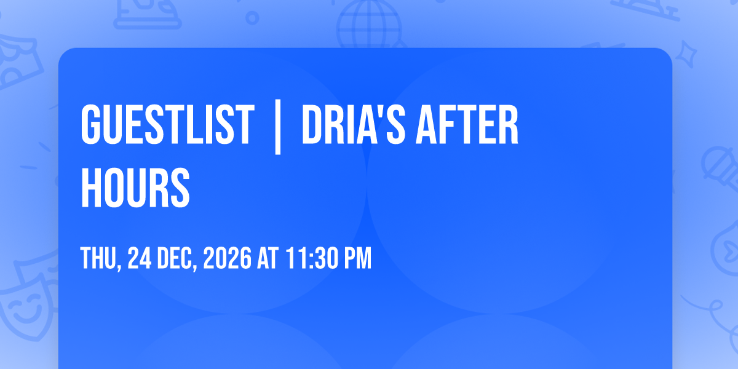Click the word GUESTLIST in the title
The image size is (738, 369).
pyautogui.click(x=168, y=124)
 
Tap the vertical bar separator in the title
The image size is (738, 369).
pyautogui.click(x=278, y=127)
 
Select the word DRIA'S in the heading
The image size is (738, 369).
pyautogui.click(x=353, y=124)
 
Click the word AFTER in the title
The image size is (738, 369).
pyautogui.click(x=467, y=124)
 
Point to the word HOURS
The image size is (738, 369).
pyautogui.click(x=135, y=188)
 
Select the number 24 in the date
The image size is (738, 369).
pyautogui.click(x=140, y=258)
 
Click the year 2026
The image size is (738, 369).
pyautogui.click(x=228, y=258)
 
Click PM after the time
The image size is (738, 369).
pyautogui.click(x=358, y=258)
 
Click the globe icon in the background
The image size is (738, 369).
pyautogui.click(x=369, y=25)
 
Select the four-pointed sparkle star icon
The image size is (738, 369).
pyautogui.click(x=686, y=54)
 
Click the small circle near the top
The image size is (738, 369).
pyautogui.click(x=252, y=18)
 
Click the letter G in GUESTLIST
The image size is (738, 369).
pyautogui.click(x=90, y=124)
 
